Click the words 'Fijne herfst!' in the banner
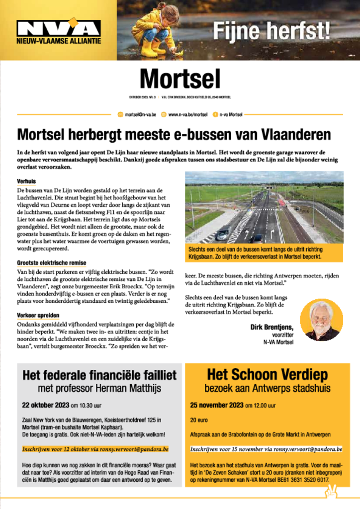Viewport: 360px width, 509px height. [271, 31]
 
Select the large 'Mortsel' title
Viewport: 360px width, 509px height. [180, 79]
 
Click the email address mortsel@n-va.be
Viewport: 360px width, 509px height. [141, 114]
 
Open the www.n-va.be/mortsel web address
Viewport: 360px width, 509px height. [187, 114]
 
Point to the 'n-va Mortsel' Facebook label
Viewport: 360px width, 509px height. [231, 114]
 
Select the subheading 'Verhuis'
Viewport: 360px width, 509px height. [26, 182]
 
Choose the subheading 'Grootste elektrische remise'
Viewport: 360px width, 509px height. [52, 262]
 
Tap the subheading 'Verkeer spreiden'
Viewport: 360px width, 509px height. [38, 315]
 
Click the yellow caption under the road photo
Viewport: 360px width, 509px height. [264, 254]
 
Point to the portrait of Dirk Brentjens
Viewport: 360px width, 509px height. [321, 320]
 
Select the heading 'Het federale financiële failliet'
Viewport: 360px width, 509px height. [99, 376]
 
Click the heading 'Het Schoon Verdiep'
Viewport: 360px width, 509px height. [267, 374]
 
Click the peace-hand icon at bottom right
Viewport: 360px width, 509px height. [331, 494]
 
